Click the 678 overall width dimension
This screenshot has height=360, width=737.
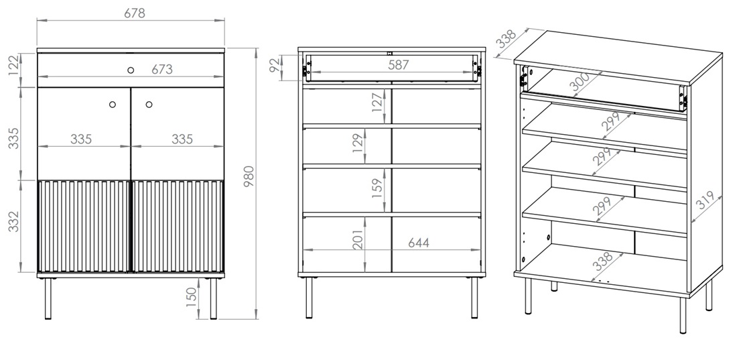tap(135, 13)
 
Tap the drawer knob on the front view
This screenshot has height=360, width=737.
tap(131, 70)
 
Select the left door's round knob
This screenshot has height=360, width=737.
tap(113, 105)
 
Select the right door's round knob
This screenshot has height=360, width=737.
tap(149, 105)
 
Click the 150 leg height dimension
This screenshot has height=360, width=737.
tap(191, 298)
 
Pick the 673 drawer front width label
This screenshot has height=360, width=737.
tap(162, 69)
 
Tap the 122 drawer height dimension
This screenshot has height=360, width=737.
tap(15, 65)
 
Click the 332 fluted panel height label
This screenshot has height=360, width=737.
tap(15, 221)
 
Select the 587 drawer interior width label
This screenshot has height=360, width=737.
tap(399, 65)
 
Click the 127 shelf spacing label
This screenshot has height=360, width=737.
tap(377, 103)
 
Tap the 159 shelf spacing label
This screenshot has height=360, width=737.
tap(377, 187)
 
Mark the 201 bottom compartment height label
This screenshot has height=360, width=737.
tap(358, 239)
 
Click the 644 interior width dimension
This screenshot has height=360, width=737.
tap(418, 243)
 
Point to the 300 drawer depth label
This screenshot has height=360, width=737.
tap(580, 82)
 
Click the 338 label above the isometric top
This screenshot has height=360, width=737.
tap(507, 39)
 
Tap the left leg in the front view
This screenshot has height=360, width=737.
tap(48, 299)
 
